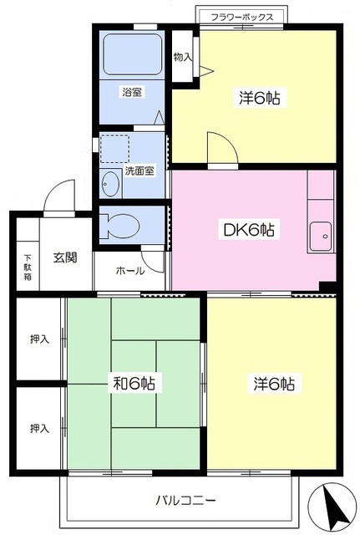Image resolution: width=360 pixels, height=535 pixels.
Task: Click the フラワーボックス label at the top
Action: (x=241, y=16)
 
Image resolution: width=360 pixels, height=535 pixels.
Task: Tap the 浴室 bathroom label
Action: (x=132, y=92)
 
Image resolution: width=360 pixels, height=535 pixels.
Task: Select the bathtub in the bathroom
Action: (x=131, y=56)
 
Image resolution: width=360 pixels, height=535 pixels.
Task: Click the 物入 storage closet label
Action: (x=181, y=57)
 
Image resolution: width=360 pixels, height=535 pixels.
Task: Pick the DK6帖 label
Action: (x=249, y=229)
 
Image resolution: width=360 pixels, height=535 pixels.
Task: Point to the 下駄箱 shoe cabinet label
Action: (x=26, y=267)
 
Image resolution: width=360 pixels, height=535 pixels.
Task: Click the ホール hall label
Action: (x=129, y=270)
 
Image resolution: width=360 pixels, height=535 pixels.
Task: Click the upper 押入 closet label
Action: (x=39, y=339)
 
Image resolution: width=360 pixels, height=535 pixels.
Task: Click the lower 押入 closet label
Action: (x=39, y=427)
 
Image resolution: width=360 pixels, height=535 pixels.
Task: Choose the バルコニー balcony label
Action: (x=185, y=501)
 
